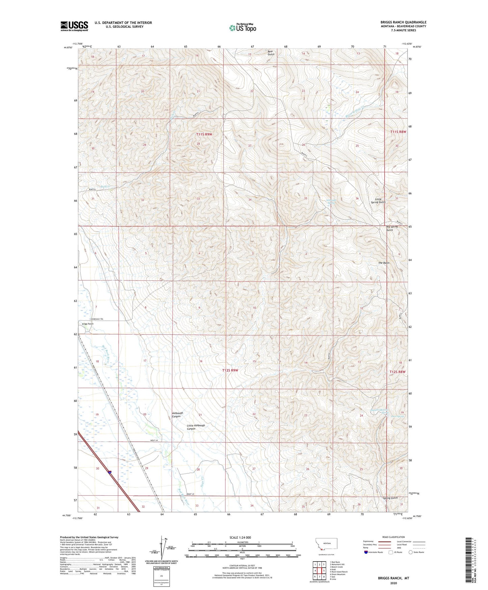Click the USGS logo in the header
point(74,26)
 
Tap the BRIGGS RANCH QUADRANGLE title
point(403,22)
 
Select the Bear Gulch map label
point(271,53)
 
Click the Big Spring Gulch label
point(392,228)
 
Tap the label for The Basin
point(384,263)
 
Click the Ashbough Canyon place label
point(177,415)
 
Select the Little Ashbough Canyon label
point(196,427)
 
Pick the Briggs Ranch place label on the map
point(87,324)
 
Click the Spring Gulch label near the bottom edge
point(390,498)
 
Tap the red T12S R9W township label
point(230,370)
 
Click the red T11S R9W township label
point(204,134)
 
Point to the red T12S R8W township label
point(397,372)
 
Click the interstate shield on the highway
point(110,472)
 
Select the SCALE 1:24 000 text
point(240,537)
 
